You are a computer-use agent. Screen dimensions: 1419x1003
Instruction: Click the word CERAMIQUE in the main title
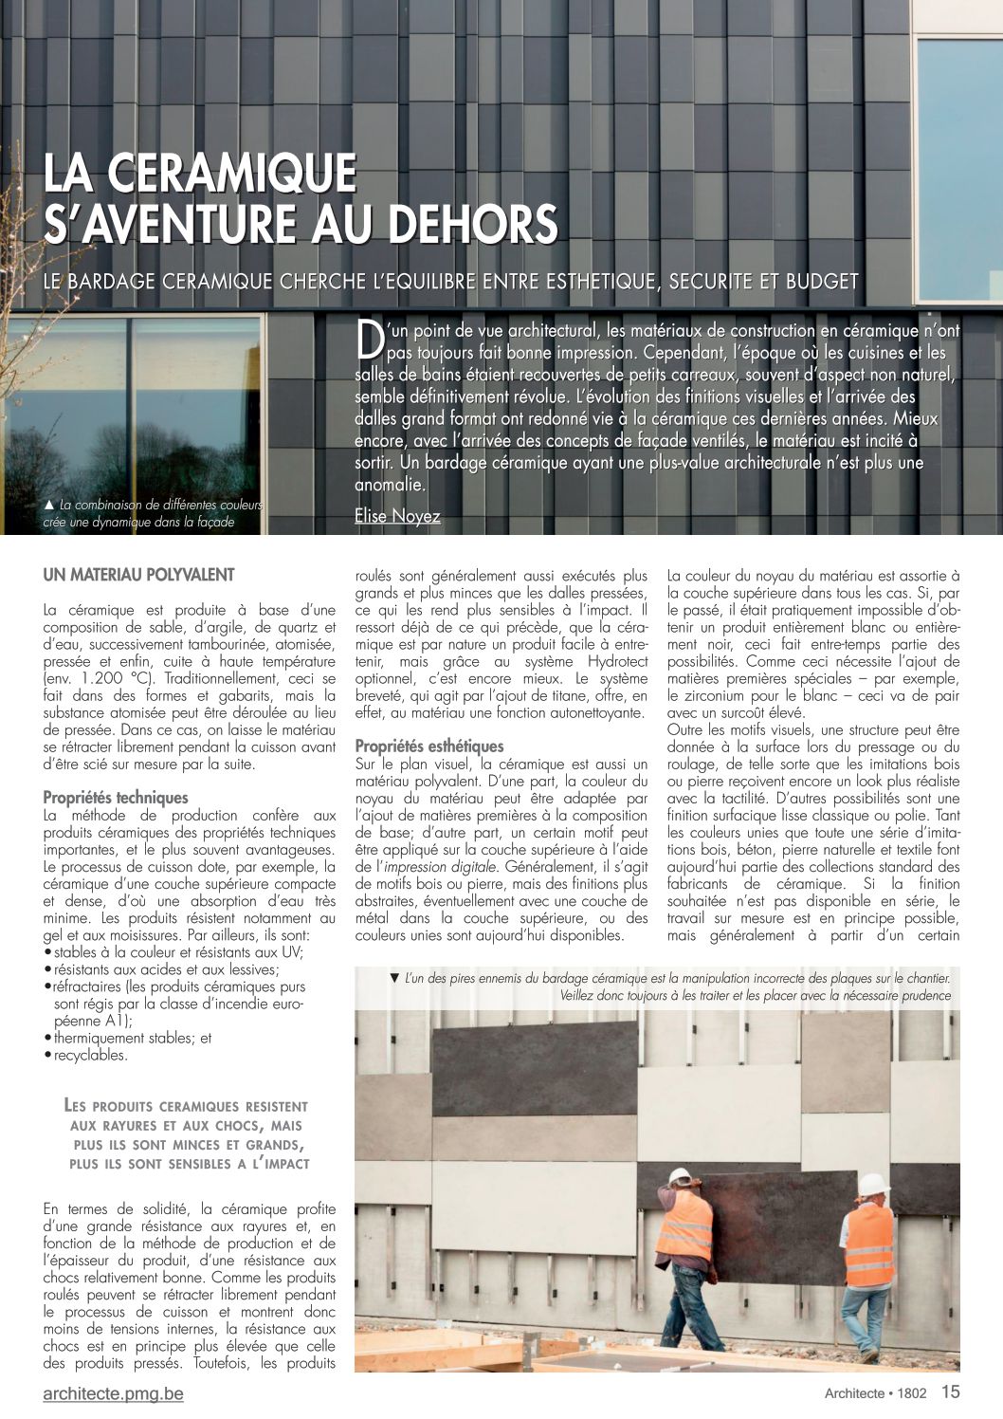(x=231, y=174)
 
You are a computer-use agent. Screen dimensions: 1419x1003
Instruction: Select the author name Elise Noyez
(x=397, y=516)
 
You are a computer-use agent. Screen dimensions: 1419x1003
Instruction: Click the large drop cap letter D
(x=369, y=339)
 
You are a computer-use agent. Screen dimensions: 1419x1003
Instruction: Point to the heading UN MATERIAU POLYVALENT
(x=138, y=575)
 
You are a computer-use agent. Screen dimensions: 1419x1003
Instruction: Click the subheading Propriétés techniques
(x=116, y=798)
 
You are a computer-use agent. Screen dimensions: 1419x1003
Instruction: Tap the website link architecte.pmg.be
(x=113, y=1393)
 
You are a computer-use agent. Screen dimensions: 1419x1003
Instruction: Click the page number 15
(x=950, y=1391)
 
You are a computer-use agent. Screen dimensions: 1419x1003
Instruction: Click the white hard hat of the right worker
(x=872, y=1184)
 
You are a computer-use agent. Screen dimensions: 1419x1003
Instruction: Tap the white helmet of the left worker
(x=680, y=1177)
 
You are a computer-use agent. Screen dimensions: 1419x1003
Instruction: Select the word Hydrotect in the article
(x=617, y=661)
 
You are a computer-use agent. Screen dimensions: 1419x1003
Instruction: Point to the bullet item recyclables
(x=90, y=1055)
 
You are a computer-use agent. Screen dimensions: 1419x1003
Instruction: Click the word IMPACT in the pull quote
(x=282, y=1164)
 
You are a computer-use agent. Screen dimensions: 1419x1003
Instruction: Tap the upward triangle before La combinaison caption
(x=49, y=505)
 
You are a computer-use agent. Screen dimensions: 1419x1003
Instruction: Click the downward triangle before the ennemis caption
(x=394, y=978)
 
